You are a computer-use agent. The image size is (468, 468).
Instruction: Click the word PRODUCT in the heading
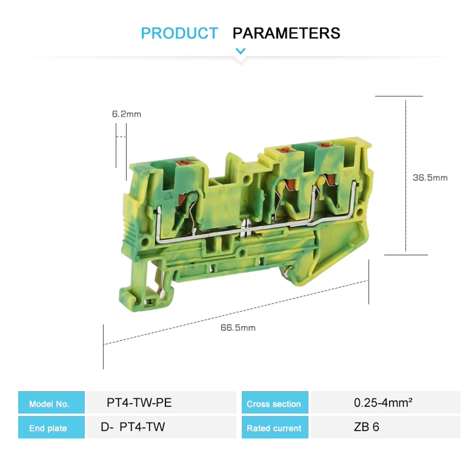(x=179, y=33)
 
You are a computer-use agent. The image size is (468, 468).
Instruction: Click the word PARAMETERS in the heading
(x=286, y=33)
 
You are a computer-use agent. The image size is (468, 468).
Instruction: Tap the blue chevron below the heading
(x=240, y=51)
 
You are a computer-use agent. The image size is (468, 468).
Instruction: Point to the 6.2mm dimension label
(x=126, y=114)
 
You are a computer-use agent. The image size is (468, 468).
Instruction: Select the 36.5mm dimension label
(x=430, y=178)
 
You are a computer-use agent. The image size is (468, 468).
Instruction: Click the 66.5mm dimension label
(x=238, y=328)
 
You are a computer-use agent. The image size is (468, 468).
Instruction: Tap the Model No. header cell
(x=51, y=402)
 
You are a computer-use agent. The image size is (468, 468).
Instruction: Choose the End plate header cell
(x=51, y=427)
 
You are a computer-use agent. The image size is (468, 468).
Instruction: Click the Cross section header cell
(x=275, y=402)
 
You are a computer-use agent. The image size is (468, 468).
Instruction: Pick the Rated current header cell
(x=275, y=427)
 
